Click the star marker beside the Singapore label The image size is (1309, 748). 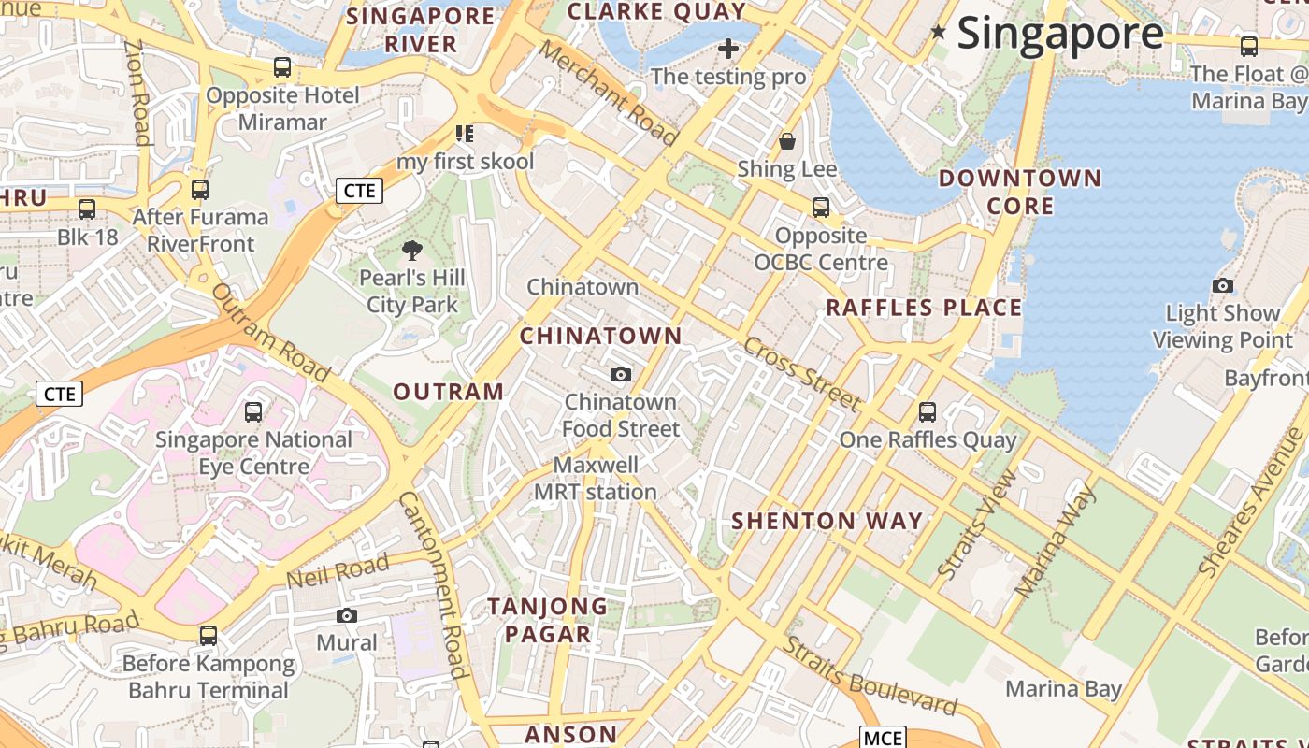[x=939, y=33]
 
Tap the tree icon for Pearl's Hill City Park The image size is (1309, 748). [x=411, y=250]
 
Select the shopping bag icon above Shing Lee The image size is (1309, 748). [x=787, y=141]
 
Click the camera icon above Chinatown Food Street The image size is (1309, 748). [x=620, y=374]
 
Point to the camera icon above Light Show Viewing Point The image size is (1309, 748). [x=1222, y=285]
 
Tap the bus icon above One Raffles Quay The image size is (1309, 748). [x=928, y=411]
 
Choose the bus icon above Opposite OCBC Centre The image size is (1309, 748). [x=821, y=208]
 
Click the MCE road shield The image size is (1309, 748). [x=883, y=738]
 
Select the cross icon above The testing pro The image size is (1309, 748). [x=728, y=49]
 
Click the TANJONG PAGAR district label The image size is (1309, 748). [x=548, y=620]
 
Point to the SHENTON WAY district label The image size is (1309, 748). [x=827, y=521]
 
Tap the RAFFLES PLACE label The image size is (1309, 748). [x=924, y=308]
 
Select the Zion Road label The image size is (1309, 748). [x=137, y=93]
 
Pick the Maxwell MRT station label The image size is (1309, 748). [x=596, y=478]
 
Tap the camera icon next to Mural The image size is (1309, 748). [x=347, y=615]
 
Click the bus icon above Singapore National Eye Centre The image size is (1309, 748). [x=252, y=411]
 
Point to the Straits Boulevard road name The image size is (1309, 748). [x=870, y=674]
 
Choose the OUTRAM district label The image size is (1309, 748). [x=449, y=392]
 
